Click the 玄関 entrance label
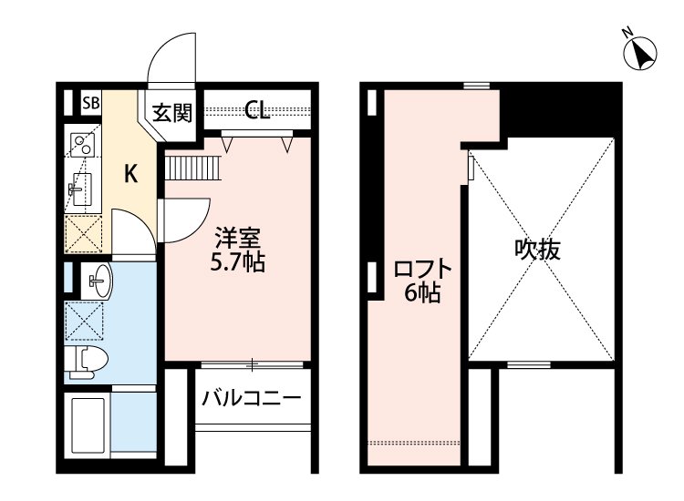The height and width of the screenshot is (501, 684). click(171, 113)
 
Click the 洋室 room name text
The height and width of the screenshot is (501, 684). click(238, 240)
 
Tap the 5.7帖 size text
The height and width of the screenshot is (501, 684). click(239, 263)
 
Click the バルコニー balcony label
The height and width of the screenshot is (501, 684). click(252, 398)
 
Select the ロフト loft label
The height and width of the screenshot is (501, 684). click(422, 271)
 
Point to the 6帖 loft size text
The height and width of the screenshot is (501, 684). click(424, 293)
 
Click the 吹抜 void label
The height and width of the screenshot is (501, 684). click(536, 249)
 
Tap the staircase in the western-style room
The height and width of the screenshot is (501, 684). click(191, 169)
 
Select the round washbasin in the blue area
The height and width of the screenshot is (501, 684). click(98, 280)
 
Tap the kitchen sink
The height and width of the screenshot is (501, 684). click(78, 189)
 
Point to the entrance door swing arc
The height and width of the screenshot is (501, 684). click(173, 55)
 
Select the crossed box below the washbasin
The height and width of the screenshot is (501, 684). click(84, 319)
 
